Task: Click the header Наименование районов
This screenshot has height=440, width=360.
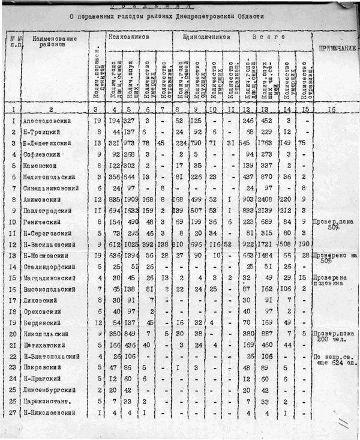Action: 54,42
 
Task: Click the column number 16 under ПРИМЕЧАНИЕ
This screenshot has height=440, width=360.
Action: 333,109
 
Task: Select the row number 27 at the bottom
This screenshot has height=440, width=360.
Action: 12,413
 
